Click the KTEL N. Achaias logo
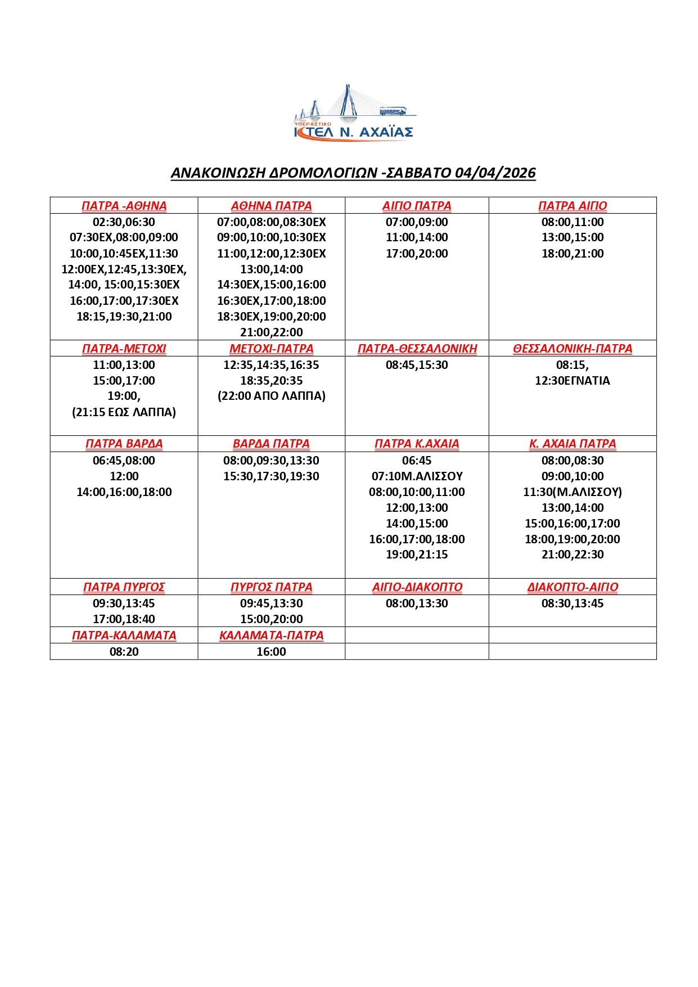pyautogui.click(x=354, y=115)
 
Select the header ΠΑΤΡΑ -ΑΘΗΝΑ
pyautogui.click(x=124, y=206)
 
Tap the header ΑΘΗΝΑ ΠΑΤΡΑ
pyautogui.click(x=271, y=206)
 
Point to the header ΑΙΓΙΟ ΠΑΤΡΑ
pyautogui.click(x=417, y=206)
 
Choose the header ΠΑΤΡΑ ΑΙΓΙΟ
pyautogui.click(x=573, y=206)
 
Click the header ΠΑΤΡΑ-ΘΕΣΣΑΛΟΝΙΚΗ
pyautogui.click(x=417, y=349)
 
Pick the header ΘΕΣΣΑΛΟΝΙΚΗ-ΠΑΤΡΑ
pyautogui.click(x=573, y=349)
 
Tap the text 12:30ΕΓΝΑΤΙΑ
pyautogui.click(x=573, y=381)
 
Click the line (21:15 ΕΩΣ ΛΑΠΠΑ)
pyautogui.click(x=124, y=412)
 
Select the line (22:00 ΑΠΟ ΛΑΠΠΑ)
pyautogui.click(x=271, y=396)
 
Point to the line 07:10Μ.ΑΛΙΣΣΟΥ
pyautogui.click(x=417, y=476)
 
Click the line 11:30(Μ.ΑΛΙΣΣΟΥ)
pyautogui.click(x=573, y=492)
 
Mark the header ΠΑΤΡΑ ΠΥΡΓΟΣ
pyautogui.click(x=124, y=587)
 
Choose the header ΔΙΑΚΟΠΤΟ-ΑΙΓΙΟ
pyautogui.click(x=573, y=587)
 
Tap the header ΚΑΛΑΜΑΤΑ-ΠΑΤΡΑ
pyautogui.click(x=271, y=636)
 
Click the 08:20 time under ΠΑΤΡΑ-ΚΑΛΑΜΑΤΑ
pyautogui.click(x=124, y=652)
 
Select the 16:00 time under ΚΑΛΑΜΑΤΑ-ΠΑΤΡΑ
pyautogui.click(x=271, y=652)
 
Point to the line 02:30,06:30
pyautogui.click(x=124, y=222)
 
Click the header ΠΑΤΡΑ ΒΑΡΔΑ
pyautogui.click(x=124, y=444)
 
